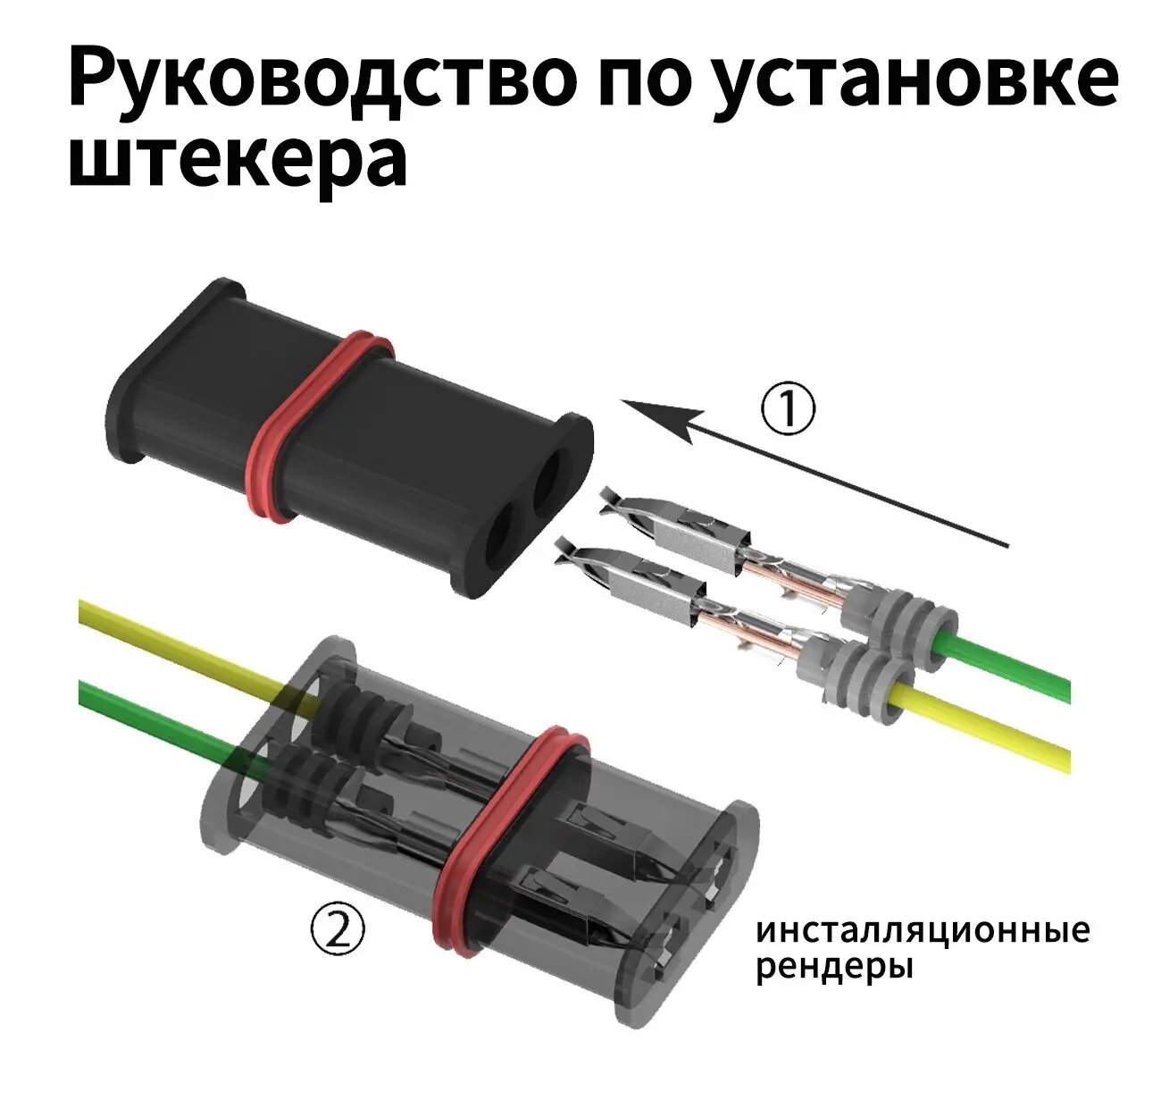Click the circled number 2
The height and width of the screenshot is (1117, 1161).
(337, 930)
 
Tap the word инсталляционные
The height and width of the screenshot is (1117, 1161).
(923, 930)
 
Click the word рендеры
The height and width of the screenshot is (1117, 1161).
(834, 967)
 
